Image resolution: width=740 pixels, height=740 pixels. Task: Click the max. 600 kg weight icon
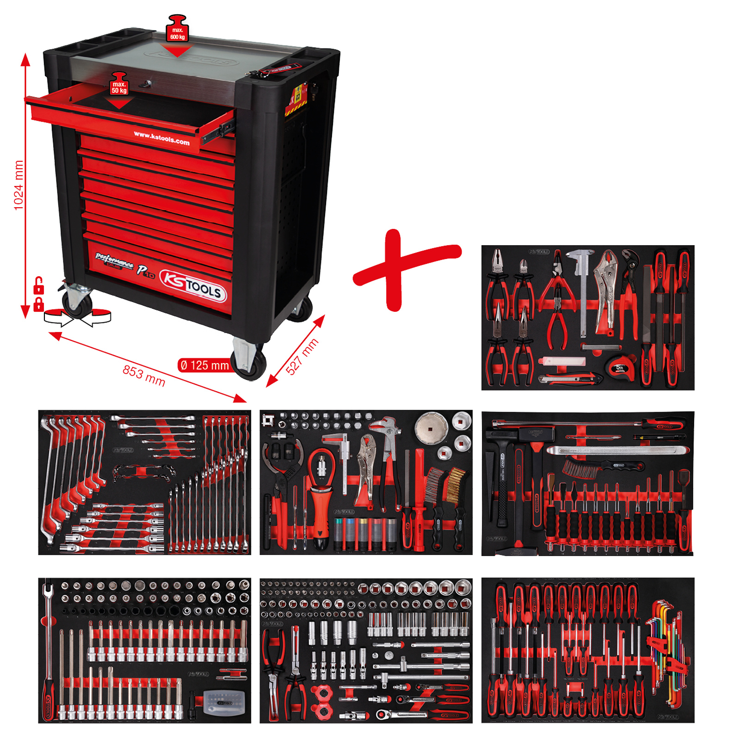[x=177, y=29]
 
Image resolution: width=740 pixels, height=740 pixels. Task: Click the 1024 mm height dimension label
[x=18, y=185]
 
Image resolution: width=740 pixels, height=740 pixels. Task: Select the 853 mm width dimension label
[x=144, y=375]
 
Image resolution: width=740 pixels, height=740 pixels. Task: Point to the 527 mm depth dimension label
[x=302, y=356]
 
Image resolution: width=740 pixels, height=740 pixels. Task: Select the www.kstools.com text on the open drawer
[x=161, y=138]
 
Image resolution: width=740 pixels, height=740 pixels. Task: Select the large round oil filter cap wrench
[x=431, y=427]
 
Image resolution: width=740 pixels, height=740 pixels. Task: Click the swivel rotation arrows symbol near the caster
[x=77, y=317]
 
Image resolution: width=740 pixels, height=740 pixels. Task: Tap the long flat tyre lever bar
[x=617, y=450]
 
